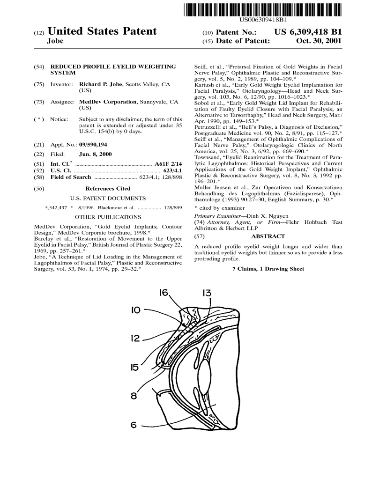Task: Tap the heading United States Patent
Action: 102,31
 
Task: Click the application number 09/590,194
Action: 96,145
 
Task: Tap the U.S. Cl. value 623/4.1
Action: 172,170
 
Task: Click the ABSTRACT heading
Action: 268,236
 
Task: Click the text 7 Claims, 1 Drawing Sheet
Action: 268,269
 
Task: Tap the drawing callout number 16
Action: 164,294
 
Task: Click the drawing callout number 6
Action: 134,425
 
